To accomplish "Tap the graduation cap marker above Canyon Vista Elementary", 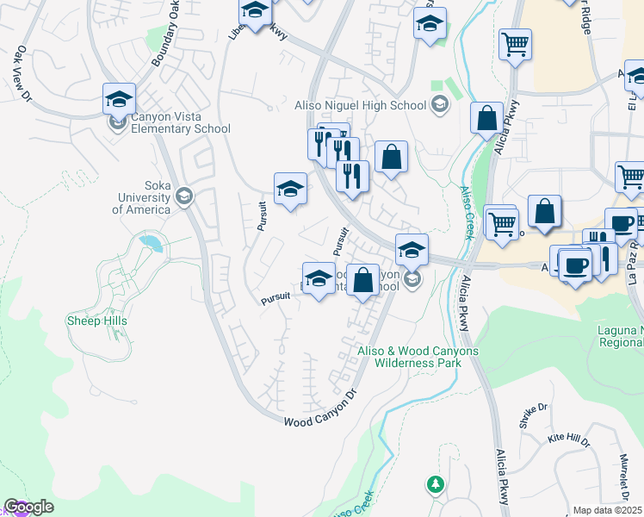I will point(119,99).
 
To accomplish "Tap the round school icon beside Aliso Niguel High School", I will point(440,106).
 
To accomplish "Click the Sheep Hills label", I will point(97,321).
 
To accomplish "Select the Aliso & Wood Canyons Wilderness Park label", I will point(418,357).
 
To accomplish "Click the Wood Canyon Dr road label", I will point(320,410).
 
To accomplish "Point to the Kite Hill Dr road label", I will point(569,440).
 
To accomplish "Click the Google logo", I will point(28,507).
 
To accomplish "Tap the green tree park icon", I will point(437,483).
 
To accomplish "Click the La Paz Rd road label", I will point(635,264).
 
